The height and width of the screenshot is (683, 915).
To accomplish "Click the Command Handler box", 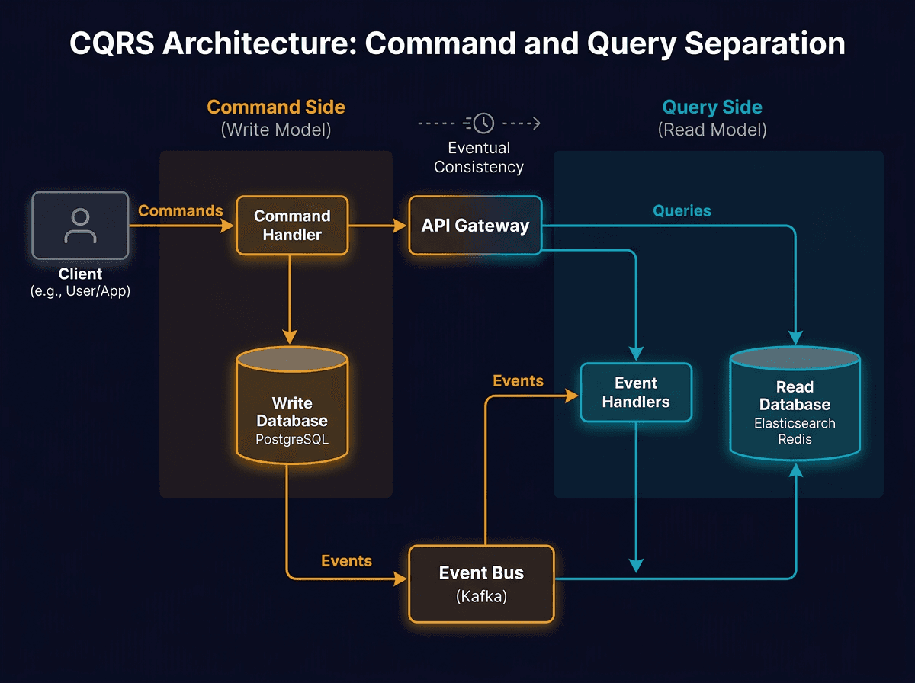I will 292,226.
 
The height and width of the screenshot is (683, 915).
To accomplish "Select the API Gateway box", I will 475,226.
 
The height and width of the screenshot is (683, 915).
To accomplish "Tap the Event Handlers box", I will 635,393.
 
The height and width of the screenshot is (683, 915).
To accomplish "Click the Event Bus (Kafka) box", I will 481,584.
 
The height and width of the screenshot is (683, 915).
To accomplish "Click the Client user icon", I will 80,226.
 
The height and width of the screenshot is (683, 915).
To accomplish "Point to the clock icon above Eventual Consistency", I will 483,123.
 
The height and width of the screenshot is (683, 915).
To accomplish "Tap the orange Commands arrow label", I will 181,211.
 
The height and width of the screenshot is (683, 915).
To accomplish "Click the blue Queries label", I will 682,211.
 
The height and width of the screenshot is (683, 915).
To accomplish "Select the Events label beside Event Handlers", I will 518,381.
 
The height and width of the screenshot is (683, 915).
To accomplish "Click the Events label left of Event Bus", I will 346,561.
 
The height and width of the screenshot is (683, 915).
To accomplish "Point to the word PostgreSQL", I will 292,440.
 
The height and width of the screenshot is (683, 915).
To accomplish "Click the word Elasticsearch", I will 795,424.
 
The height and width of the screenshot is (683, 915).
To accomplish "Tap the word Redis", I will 795,440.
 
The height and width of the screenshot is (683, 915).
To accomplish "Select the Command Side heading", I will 276,107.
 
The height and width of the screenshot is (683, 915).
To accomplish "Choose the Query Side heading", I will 711,107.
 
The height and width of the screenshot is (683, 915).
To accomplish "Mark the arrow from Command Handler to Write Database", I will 290,297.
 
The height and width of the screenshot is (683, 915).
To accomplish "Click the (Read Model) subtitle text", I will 711,130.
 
